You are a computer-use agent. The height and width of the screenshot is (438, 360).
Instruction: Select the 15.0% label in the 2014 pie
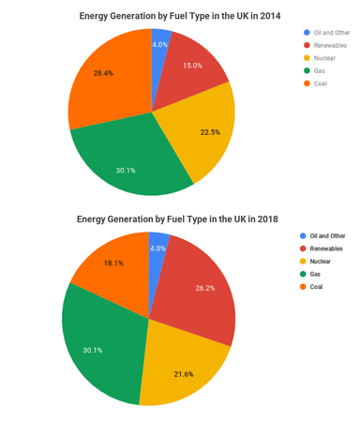point(192,66)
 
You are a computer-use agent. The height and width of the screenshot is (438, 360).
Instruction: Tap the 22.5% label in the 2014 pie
point(210,132)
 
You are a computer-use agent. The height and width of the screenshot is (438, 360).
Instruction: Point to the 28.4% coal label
point(103,73)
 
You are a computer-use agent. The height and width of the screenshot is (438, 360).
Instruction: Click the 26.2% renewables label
point(205,288)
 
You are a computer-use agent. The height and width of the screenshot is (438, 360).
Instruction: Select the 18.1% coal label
point(113,264)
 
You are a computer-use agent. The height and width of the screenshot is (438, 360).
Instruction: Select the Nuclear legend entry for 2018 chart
point(321,261)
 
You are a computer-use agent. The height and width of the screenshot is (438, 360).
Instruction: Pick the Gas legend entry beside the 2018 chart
point(317,274)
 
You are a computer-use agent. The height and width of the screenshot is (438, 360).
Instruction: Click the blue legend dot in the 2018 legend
point(303,235)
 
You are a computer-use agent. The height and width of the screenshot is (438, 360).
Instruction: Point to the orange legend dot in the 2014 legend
point(303,83)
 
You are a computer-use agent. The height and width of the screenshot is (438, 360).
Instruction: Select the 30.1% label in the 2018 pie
point(92,350)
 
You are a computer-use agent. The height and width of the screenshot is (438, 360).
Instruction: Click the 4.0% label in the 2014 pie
point(159,44)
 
